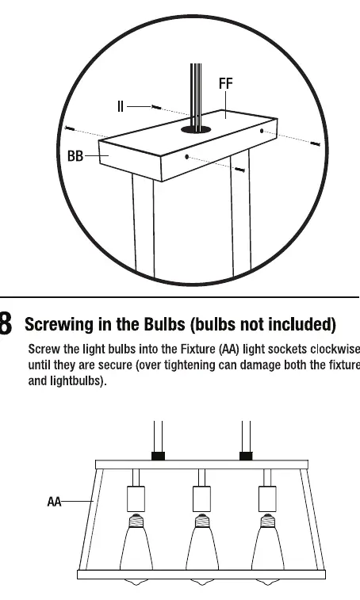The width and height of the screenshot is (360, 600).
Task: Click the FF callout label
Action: [x=225, y=83]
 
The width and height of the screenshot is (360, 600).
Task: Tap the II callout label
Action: [x=121, y=106]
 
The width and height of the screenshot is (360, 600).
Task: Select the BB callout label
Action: [x=75, y=156]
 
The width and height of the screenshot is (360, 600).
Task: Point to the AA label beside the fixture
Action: [x=54, y=501]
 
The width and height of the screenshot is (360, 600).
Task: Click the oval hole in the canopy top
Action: [x=196, y=129]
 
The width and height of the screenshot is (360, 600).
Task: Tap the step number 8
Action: [x=6, y=324]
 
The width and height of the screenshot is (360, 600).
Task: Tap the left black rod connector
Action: [x=158, y=456]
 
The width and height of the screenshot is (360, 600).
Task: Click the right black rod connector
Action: [x=246, y=456]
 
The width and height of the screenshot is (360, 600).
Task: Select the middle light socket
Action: [x=202, y=499]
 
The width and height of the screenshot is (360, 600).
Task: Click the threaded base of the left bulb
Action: [x=136, y=521]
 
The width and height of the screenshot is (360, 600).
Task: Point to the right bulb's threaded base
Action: [x=267, y=521]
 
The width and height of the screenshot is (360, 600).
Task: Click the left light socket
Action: [x=136, y=499]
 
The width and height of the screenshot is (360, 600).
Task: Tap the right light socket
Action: [x=267, y=499]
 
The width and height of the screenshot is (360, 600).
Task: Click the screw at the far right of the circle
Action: [x=315, y=144]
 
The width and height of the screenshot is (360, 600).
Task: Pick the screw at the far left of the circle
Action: [x=70, y=128]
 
